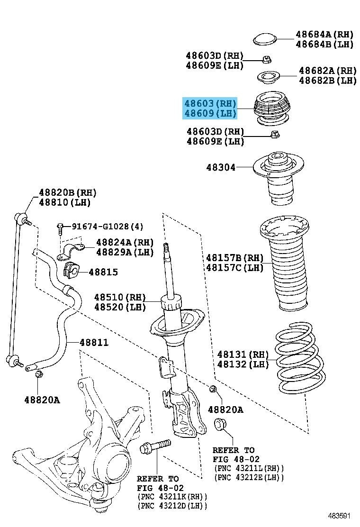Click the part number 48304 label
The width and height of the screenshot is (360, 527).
[221, 167]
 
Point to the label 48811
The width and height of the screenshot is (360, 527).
[94, 343]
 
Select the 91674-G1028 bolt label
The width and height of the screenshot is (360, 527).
[108, 226]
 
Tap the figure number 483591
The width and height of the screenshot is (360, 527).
[339, 516]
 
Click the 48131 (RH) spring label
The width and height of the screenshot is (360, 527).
[243, 354]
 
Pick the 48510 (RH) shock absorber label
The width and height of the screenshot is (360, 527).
[120, 297]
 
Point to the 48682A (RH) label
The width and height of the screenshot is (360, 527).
[328, 71]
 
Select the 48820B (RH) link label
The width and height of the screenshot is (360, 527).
[67, 192]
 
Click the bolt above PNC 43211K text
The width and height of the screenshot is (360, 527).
[155, 446]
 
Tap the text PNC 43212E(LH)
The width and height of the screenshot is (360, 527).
[249, 477]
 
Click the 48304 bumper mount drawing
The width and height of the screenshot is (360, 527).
[278, 178]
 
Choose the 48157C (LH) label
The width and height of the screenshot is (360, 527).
[235, 268]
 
